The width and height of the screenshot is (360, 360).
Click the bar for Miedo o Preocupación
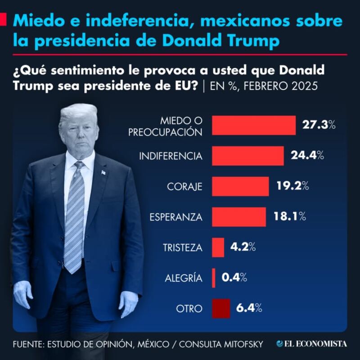253,126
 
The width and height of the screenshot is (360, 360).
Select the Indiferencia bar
247,156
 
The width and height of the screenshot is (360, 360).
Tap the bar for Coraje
240,186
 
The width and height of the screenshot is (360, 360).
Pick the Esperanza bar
238,216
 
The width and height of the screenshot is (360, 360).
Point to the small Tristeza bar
218,247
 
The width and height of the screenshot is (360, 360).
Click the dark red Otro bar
221,308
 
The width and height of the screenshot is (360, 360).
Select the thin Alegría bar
214,278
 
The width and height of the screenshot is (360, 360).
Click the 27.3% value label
319,125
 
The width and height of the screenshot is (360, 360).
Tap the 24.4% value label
307,156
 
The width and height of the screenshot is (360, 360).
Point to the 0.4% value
234,278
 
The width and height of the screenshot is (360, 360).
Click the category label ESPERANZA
176,217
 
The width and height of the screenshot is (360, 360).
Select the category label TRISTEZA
182,247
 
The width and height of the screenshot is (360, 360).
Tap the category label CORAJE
185,186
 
